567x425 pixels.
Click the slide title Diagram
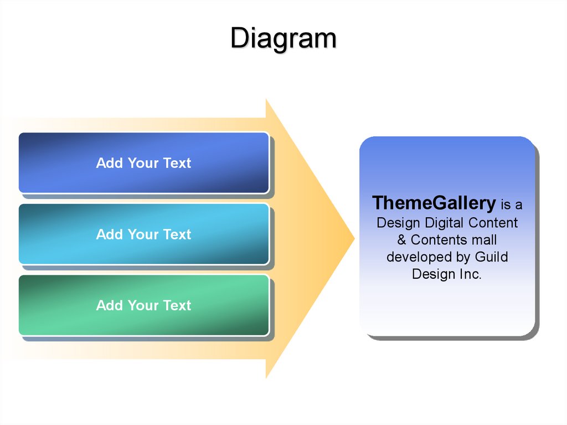pos(283,39)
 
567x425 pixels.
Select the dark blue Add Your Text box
pos(143,163)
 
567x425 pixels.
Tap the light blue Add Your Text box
pos(143,234)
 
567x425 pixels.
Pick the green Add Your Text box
pos(143,305)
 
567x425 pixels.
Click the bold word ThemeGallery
pos(434,203)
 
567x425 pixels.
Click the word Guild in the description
pos(491,257)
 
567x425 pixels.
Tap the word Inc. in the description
pos(470,274)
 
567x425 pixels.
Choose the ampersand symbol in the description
pos(401,240)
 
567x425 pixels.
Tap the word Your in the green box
pos(143,305)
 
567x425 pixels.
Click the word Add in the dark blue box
pos(110,163)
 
